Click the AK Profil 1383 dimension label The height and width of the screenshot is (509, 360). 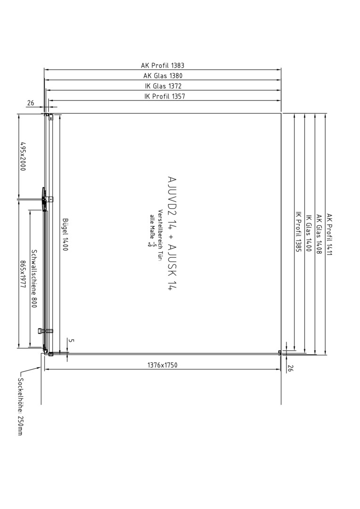pyautogui.click(x=162, y=65)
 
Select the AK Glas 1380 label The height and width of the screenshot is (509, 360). pyautogui.click(x=163, y=75)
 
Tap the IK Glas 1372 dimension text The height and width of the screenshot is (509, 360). pyautogui.click(x=163, y=86)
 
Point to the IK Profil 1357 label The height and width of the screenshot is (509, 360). pyautogui.click(x=164, y=96)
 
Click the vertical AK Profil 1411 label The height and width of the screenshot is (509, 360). pyautogui.click(x=329, y=234)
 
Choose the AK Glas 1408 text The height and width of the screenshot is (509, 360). pyautogui.click(x=319, y=234)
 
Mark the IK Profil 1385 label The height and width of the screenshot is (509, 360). pyautogui.click(x=298, y=232)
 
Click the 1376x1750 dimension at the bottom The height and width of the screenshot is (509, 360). pyautogui.click(x=162, y=365)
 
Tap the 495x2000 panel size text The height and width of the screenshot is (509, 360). pyautogui.click(x=23, y=156)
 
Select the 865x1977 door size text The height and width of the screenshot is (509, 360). pyautogui.click(x=23, y=276)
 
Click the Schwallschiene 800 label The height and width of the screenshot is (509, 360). pyautogui.click(x=34, y=279)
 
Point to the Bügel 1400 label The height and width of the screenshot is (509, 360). pyautogui.click(x=65, y=234)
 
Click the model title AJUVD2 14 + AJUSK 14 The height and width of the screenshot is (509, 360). pyautogui.click(x=172, y=233)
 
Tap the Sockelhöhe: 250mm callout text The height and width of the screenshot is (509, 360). pyautogui.click(x=20, y=407)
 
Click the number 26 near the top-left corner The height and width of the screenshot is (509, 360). pyautogui.click(x=31, y=103)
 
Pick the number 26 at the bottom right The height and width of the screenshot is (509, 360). pyautogui.click(x=290, y=368)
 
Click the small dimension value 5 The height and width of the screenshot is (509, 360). pyautogui.click(x=72, y=341)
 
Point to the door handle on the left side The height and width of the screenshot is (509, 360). pyautogui.click(x=42, y=199)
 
